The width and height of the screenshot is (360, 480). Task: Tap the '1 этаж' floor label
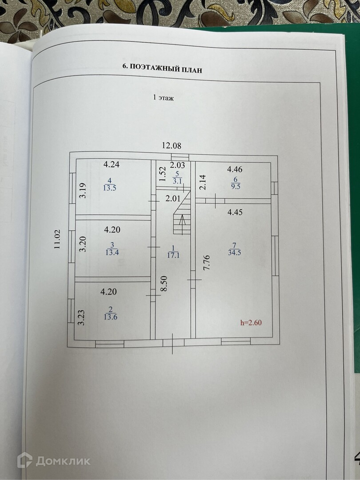[163, 98]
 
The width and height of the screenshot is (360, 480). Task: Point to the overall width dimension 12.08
[171, 145]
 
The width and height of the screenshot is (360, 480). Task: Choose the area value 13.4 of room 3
[112, 253]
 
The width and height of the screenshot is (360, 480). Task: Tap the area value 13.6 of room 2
[110, 317]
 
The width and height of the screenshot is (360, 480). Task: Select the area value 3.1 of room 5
[177, 181]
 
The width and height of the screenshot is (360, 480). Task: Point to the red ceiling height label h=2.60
[251, 323]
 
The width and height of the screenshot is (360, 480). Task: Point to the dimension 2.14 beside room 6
[202, 182]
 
